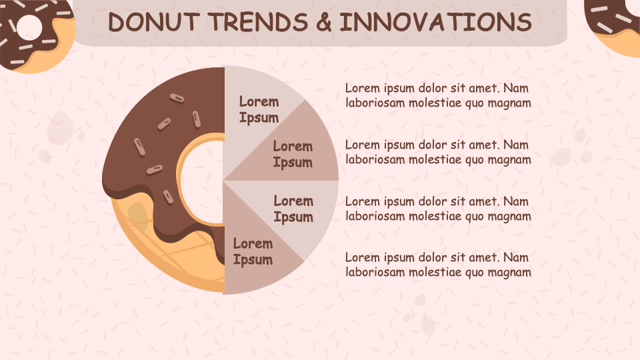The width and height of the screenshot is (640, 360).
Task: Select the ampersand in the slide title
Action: coord(323,23)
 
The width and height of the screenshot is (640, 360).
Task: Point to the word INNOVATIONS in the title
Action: coord(435,23)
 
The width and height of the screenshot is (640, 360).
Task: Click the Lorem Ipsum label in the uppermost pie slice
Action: coord(259,110)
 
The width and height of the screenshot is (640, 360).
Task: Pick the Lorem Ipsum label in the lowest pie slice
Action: coord(253,251)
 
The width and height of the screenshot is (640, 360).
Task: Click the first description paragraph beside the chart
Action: coord(438,95)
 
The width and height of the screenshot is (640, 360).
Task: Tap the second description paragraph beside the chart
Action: coord(438,152)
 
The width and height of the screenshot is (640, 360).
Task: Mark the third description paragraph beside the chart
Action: coord(438,209)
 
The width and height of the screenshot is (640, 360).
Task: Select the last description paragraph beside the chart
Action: coord(438,265)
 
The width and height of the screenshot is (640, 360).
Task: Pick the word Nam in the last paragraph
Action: coord(517,257)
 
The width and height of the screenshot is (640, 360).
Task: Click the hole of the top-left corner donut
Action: coord(29,26)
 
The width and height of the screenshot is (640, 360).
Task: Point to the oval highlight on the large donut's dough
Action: coord(138,218)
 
